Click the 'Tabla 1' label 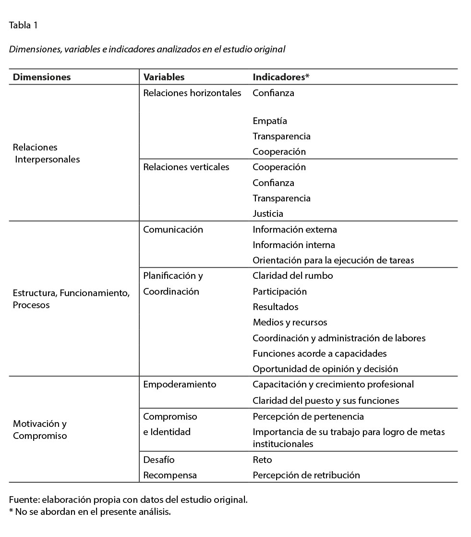click(x=23, y=25)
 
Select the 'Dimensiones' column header click(x=42, y=77)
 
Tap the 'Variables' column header click(x=164, y=77)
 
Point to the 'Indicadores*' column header click(x=281, y=77)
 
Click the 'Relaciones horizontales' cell click(x=192, y=93)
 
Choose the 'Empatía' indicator click(x=269, y=121)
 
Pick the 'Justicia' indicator click(x=268, y=213)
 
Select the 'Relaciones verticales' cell click(x=186, y=167)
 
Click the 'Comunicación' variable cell click(x=173, y=229)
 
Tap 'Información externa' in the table click(x=295, y=229)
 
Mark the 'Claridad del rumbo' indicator click(x=292, y=275)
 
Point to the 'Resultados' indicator click(x=275, y=307)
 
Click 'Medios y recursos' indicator click(x=290, y=322)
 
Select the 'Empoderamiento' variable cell click(x=180, y=384)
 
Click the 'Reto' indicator click(x=262, y=460)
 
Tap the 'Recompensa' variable click(x=170, y=475)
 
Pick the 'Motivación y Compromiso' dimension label click(x=40, y=430)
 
